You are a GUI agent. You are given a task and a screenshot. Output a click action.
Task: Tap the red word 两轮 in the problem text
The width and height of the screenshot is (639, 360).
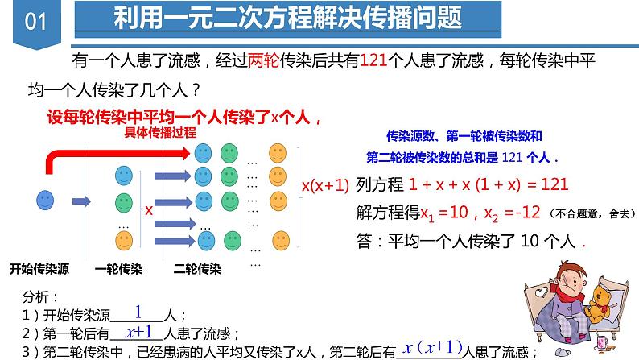(264, 61)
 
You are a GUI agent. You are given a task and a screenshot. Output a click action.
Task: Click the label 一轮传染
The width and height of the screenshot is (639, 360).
(119, 267)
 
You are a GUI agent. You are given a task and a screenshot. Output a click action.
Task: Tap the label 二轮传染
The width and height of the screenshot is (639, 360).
(198, 267)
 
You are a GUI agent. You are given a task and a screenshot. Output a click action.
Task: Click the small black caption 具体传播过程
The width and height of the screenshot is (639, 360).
(160, 134)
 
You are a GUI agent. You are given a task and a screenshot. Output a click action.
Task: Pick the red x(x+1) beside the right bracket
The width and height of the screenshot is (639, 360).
(324, 185)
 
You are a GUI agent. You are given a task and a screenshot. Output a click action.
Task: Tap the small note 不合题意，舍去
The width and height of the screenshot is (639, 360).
(590, 213)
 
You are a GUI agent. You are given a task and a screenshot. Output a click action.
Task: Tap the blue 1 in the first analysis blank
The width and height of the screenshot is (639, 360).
(138, 312)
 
